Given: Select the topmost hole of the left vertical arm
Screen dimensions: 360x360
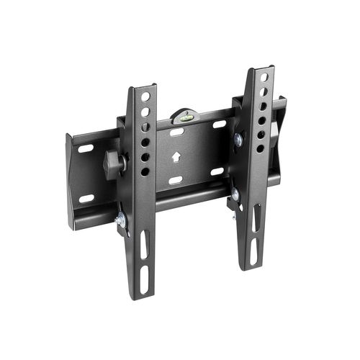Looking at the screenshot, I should point(145,96).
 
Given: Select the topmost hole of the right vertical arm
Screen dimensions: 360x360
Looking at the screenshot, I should point(264,77).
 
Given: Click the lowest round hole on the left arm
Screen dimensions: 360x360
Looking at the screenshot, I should point(145,171).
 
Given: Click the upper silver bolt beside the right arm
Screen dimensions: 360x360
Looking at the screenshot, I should point(237,140).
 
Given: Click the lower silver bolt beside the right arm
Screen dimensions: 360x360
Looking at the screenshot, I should point(235,194).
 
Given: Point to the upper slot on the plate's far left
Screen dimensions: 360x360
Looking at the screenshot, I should point(86,149).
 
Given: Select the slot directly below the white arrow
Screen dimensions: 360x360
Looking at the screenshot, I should point(175,180).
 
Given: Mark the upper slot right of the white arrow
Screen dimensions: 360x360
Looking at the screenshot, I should point(219,125).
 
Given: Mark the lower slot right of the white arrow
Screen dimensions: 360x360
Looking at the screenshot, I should point(217,171).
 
